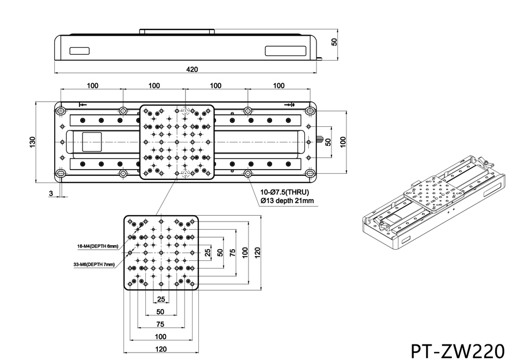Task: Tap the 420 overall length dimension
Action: point(192,69)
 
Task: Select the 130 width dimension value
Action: point(32,141)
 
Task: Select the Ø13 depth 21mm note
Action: point(287,201)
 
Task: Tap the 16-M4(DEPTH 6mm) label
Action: point(98,246)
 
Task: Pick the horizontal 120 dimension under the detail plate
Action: point(161,349)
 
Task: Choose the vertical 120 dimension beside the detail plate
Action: point(258,252)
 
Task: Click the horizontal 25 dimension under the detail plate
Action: point(161,299)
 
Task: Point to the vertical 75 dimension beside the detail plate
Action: point(233,252)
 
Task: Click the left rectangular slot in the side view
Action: point(80,50)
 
